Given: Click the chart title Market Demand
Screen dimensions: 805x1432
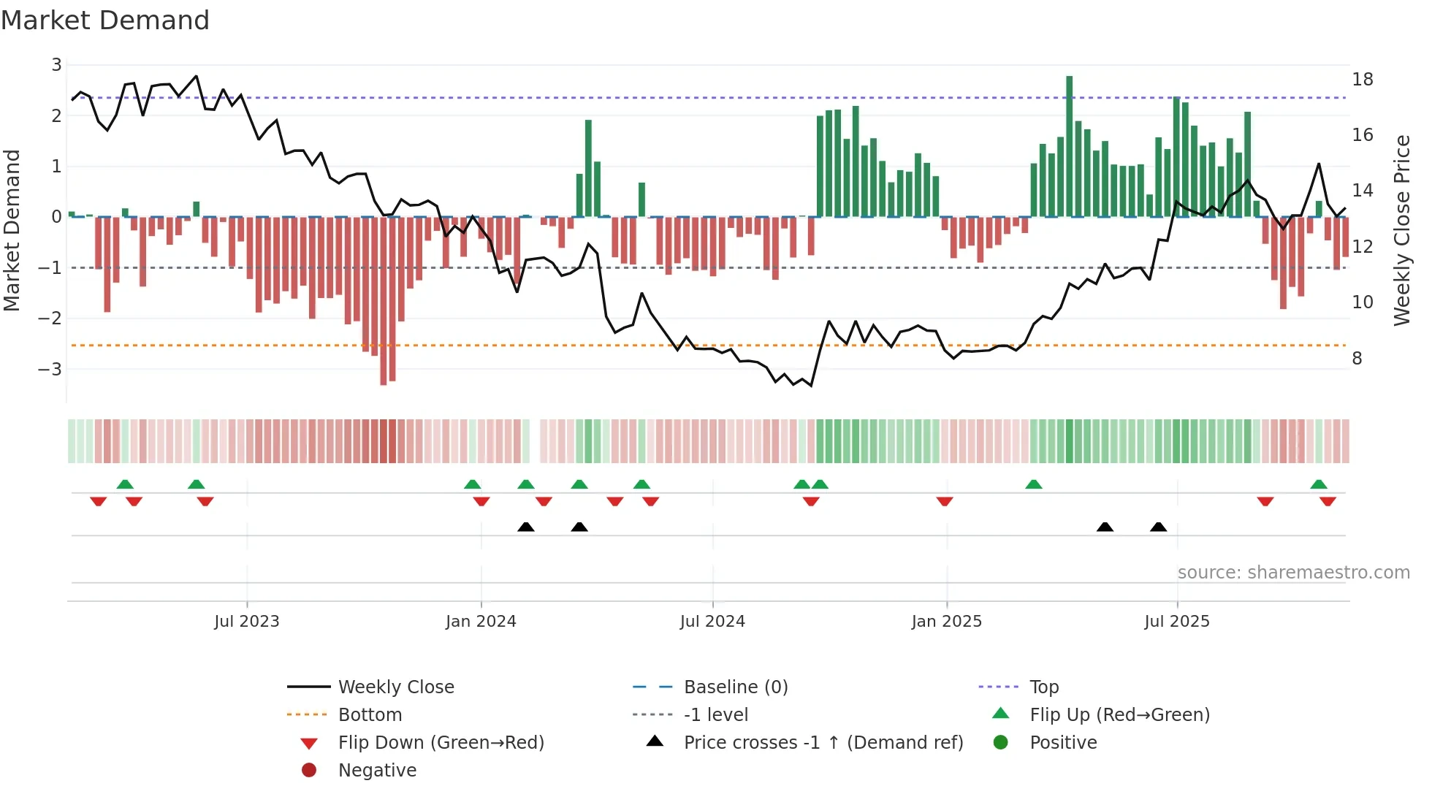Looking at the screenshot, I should pyautogui.click(x=105, y=20).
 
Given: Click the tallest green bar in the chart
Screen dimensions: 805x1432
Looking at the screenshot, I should pyautogui.click(x=1069, y=146).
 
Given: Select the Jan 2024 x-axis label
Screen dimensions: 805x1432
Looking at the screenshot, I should pyautogui.click(x=481, y=622).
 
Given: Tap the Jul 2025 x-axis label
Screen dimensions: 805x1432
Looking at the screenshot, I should pyautogui.click(x=1176, y=622).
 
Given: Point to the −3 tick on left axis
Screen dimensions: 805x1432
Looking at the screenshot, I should pyautogui.click(x=50, y=369).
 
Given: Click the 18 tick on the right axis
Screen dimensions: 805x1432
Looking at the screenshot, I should pyautogui.click(x=1362, y=79).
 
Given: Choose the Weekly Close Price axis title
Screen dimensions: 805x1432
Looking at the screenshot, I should pyautogui.click(x=1401, y=230).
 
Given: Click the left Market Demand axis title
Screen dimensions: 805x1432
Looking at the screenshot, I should pyautogui.click(x=12, y=230).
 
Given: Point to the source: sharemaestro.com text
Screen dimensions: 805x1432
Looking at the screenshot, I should pyautogui.click(x=1293, y=572).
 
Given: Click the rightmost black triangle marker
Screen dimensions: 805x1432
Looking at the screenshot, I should pyautogui.click(x=1158, y=527).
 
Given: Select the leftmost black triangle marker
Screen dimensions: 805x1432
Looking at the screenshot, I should pyautogui.click(x=525, y=527).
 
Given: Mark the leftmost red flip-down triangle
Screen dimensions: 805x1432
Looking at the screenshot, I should pyautogui.click(x=98, y=501).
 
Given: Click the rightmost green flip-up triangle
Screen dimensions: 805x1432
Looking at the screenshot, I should pyautogui.click(x=1318, y=484).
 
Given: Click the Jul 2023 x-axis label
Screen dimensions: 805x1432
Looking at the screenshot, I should pyautogui.click(x=246, y=622).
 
